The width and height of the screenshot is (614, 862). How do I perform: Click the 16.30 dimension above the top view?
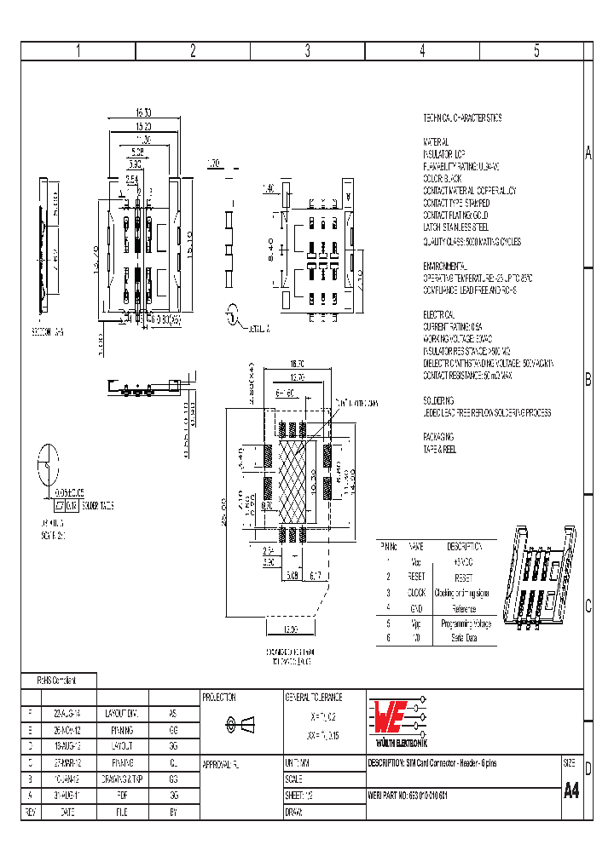click(x=142, y=112)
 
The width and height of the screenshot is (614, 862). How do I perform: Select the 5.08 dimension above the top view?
click(x=137, y=151)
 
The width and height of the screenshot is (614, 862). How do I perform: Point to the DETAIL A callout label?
click(x=258, y=328)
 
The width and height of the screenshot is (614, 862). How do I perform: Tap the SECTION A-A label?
click(x=48, y=330)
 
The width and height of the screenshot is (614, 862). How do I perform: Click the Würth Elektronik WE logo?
click(x=395, y=719)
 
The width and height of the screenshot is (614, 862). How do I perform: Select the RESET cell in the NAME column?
click(x=415, y=577)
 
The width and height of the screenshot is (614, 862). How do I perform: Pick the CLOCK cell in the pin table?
click(x=415, y=593)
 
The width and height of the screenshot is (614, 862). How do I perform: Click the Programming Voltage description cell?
click(x=464, y=624)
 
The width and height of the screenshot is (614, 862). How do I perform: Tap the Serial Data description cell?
click(x=464, y=639)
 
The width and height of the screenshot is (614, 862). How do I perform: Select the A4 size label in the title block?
click(x=571, y=790)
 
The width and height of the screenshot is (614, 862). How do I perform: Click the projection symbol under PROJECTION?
click(x=239, y=725)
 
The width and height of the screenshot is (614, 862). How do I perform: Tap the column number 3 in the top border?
click(x=308, y=50)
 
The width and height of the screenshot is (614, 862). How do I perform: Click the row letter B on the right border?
click(x=588, y=381)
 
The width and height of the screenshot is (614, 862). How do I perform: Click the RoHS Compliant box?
click(x=58, y=681)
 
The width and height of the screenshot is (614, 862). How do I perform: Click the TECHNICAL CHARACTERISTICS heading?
click(x=462, y=118)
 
